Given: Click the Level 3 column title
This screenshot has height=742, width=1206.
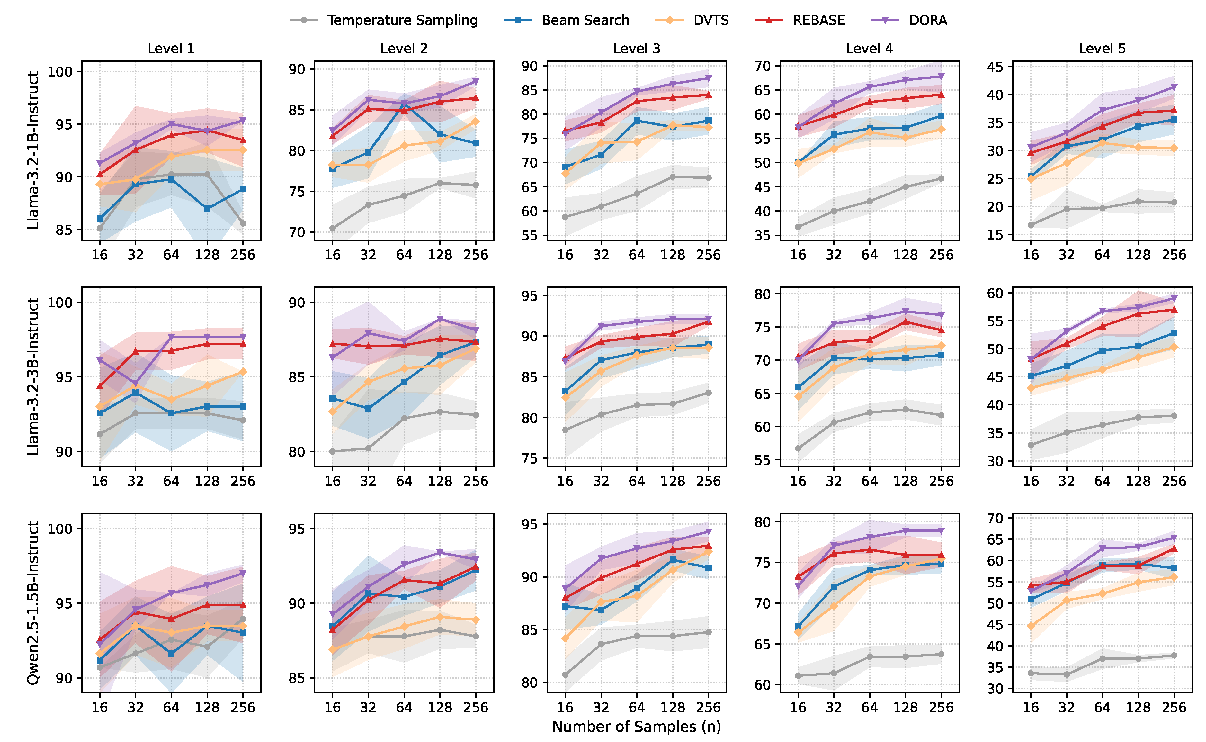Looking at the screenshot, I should [636, 49].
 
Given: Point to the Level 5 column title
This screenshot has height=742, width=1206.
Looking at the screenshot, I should [1102, 49].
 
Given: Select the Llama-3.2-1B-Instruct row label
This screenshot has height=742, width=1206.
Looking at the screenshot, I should [33, 150].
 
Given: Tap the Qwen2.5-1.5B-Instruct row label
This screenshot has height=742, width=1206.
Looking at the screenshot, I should [33, 602].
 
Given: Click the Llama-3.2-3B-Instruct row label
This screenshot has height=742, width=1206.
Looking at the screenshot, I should [33, 376].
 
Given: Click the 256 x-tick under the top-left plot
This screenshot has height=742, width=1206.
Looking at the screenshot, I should [243, 255].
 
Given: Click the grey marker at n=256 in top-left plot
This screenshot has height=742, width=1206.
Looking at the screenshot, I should [243, 223].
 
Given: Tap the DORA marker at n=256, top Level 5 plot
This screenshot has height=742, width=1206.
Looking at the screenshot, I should [1174, 87].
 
